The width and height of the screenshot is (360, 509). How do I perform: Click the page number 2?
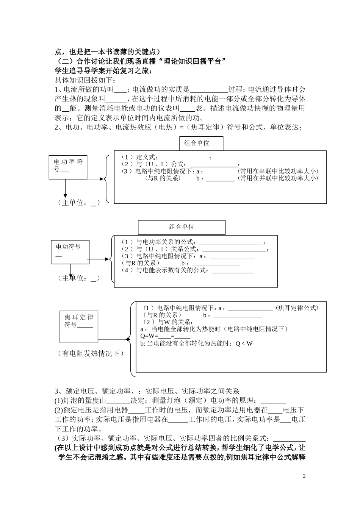tap(304, 476)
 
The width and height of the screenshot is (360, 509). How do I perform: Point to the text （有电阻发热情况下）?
tap(91, 354)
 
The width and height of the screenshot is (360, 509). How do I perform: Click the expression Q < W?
tap(244, 343)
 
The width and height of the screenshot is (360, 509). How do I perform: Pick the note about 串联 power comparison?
tap(278, 171)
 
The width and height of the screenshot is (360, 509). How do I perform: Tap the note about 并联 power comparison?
tap(278, 178)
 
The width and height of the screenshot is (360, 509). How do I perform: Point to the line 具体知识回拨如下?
tap(86, 80)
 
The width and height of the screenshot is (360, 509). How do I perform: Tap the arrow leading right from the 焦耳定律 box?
tap(114, 338)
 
